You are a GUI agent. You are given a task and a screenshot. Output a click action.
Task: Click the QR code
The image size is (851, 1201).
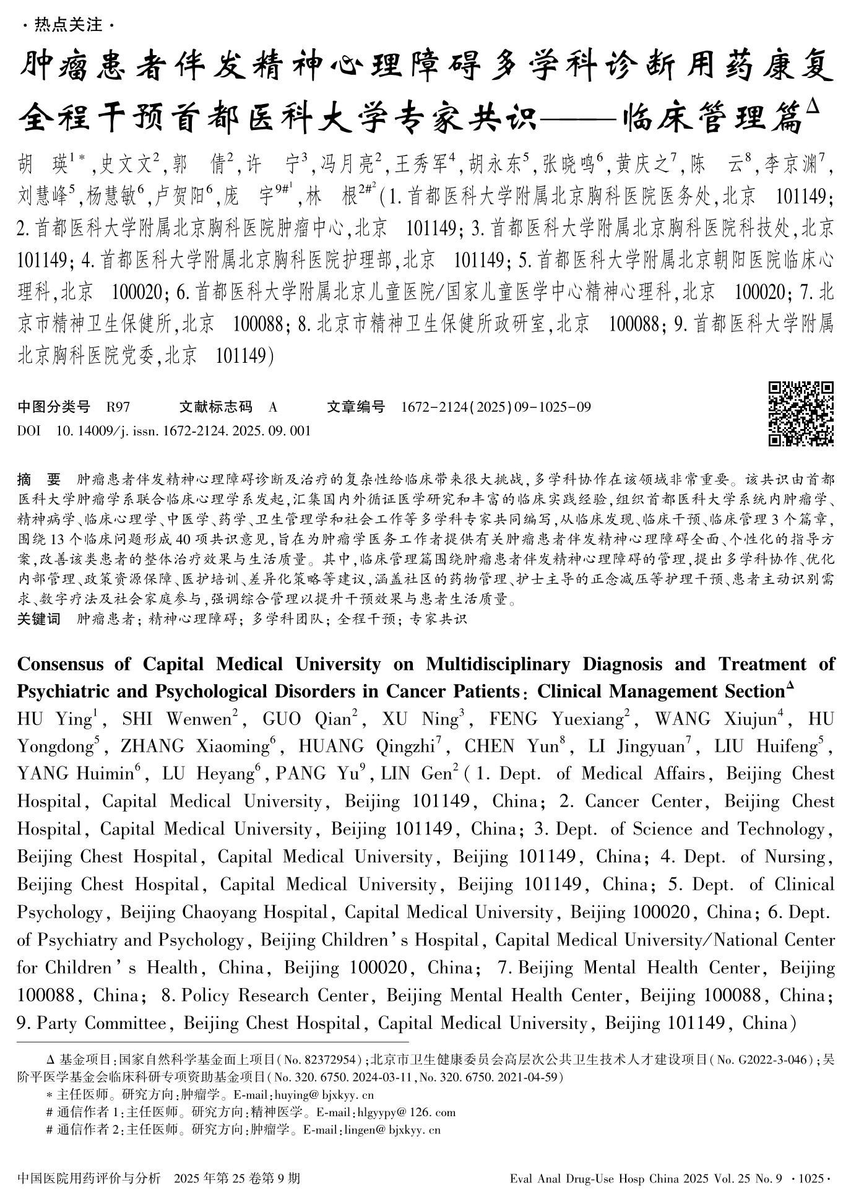801,414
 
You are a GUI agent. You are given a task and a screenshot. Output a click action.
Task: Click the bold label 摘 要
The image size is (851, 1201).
40,480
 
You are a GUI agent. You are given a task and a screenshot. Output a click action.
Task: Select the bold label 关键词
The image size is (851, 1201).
40,618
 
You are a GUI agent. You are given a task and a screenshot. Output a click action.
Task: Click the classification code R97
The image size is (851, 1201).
118,407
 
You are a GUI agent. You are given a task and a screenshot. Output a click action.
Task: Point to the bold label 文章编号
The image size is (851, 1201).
355,407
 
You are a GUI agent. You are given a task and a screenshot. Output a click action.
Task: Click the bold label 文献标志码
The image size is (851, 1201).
215,407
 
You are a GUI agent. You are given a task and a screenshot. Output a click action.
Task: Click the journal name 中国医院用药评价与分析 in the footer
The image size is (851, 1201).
89,1177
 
